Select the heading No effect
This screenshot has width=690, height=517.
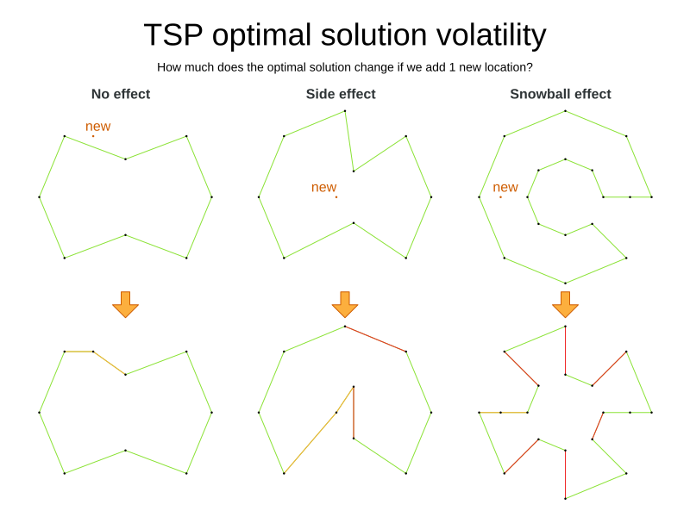point(121,94)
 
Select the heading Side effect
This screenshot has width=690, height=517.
point(341,94)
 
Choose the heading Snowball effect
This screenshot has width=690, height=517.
point(561,94)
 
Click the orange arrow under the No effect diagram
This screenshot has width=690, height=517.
point(125,304)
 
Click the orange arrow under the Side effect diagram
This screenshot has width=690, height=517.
point(345,304)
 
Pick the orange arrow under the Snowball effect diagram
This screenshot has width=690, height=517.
point(565,304)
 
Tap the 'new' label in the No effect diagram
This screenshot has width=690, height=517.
point(97,127)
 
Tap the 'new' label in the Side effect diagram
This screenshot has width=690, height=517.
point(323,188)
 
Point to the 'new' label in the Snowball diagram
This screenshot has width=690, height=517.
point(505,188)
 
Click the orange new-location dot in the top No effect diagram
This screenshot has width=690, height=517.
point(93,136)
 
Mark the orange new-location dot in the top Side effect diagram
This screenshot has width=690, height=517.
point(336,197)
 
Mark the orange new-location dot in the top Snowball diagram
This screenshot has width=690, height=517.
point(500,197)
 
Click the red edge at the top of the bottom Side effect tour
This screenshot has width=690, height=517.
point(375,339)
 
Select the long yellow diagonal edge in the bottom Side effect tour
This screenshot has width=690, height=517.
point(319,429)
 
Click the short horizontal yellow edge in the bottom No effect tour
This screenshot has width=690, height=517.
point(78,352)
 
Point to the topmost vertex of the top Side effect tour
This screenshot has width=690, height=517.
point(345,110)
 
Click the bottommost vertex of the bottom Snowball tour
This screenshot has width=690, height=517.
point(565,498)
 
